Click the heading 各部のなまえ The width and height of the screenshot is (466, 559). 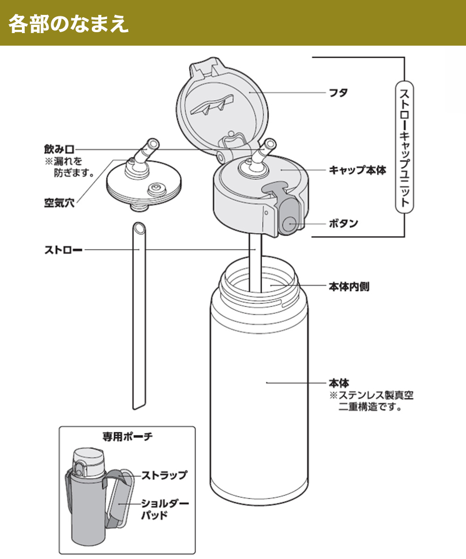(69, 24)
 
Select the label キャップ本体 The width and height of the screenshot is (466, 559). (357, 170)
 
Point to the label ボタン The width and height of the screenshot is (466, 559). (343, 224)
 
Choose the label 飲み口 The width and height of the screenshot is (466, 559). (59, 150)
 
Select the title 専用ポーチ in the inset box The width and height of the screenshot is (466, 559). (127, 437)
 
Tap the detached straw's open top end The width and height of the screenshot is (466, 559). (139, 228)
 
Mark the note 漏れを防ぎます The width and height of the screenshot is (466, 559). (69, 167)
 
